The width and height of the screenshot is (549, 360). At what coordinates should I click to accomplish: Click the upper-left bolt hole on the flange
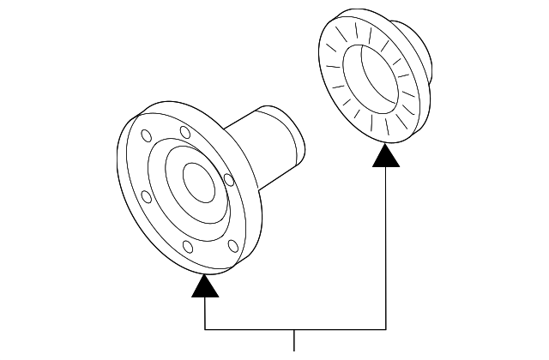coord(147,135)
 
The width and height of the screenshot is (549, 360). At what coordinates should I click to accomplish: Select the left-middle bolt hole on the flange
coord(146,197)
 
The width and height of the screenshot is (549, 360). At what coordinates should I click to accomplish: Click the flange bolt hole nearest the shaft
coord(228,179)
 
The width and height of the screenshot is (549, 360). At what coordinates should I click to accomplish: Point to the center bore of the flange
coord(201,181)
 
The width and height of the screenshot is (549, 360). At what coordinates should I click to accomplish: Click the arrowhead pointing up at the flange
coord(205,285)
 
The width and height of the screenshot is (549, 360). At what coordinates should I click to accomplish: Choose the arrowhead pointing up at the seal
coord(386,156)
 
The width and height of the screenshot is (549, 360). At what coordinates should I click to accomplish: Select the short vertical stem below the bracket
coord(295,341)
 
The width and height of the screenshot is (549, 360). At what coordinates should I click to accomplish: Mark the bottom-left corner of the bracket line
coord(205,329)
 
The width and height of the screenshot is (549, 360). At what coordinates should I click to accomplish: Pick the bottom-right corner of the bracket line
coord(386,329)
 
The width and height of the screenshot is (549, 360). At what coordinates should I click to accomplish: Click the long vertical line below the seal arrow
coord(386,249)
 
